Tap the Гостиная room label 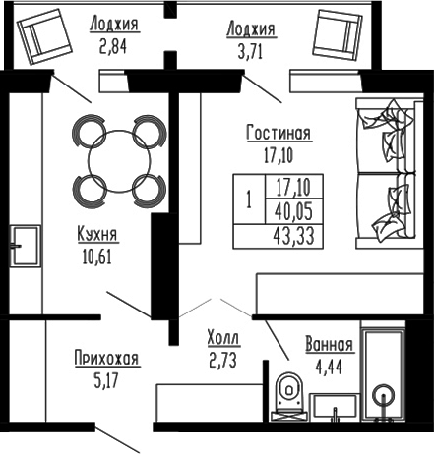pyautogui.click(x=279, y=135)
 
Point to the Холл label pyautogui.click(x=223, y=337)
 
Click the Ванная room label pyautogui.click(x=329, y=345)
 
